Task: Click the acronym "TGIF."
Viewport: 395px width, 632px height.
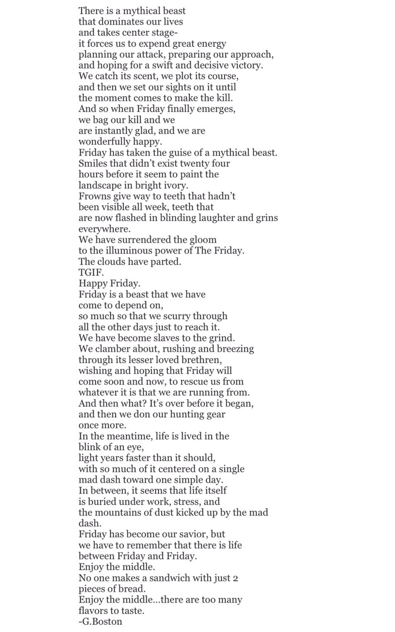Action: [x=90, y=273]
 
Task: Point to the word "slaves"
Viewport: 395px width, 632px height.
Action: [x=166, y=338]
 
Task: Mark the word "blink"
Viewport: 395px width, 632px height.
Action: [x=90, y=447]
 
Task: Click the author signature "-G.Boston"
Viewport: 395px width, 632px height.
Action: [x=100, y=622]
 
